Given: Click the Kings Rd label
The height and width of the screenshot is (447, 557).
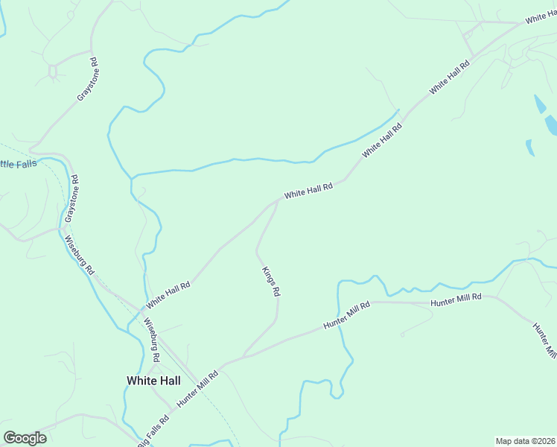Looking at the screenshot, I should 270,282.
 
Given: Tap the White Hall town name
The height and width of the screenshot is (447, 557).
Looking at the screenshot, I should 154,380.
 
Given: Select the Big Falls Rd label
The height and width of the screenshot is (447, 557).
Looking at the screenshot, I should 155,428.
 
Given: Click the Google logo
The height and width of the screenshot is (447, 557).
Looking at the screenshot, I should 25,437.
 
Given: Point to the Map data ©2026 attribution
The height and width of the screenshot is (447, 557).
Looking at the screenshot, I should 525,440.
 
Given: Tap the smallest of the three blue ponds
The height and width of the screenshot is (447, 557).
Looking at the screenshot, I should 529,148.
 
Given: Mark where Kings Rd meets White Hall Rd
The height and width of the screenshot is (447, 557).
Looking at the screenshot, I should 278,200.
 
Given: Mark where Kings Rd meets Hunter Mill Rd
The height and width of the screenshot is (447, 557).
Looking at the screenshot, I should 243,355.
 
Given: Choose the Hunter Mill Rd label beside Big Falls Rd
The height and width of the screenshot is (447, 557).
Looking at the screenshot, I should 197,388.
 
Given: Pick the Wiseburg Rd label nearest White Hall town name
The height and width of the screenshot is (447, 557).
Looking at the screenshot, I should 152,340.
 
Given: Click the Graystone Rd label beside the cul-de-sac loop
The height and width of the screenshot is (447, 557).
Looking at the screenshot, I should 88,80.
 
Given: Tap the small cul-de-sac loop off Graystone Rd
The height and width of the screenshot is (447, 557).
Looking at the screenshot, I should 53,72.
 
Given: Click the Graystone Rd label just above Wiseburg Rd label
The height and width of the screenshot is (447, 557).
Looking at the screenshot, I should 71,199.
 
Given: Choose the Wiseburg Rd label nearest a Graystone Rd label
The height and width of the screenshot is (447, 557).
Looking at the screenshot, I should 80,254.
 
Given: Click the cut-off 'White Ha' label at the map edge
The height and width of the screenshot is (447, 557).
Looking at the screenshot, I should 541,16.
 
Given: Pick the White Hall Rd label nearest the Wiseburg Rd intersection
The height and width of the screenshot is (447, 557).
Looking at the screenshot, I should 168,295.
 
